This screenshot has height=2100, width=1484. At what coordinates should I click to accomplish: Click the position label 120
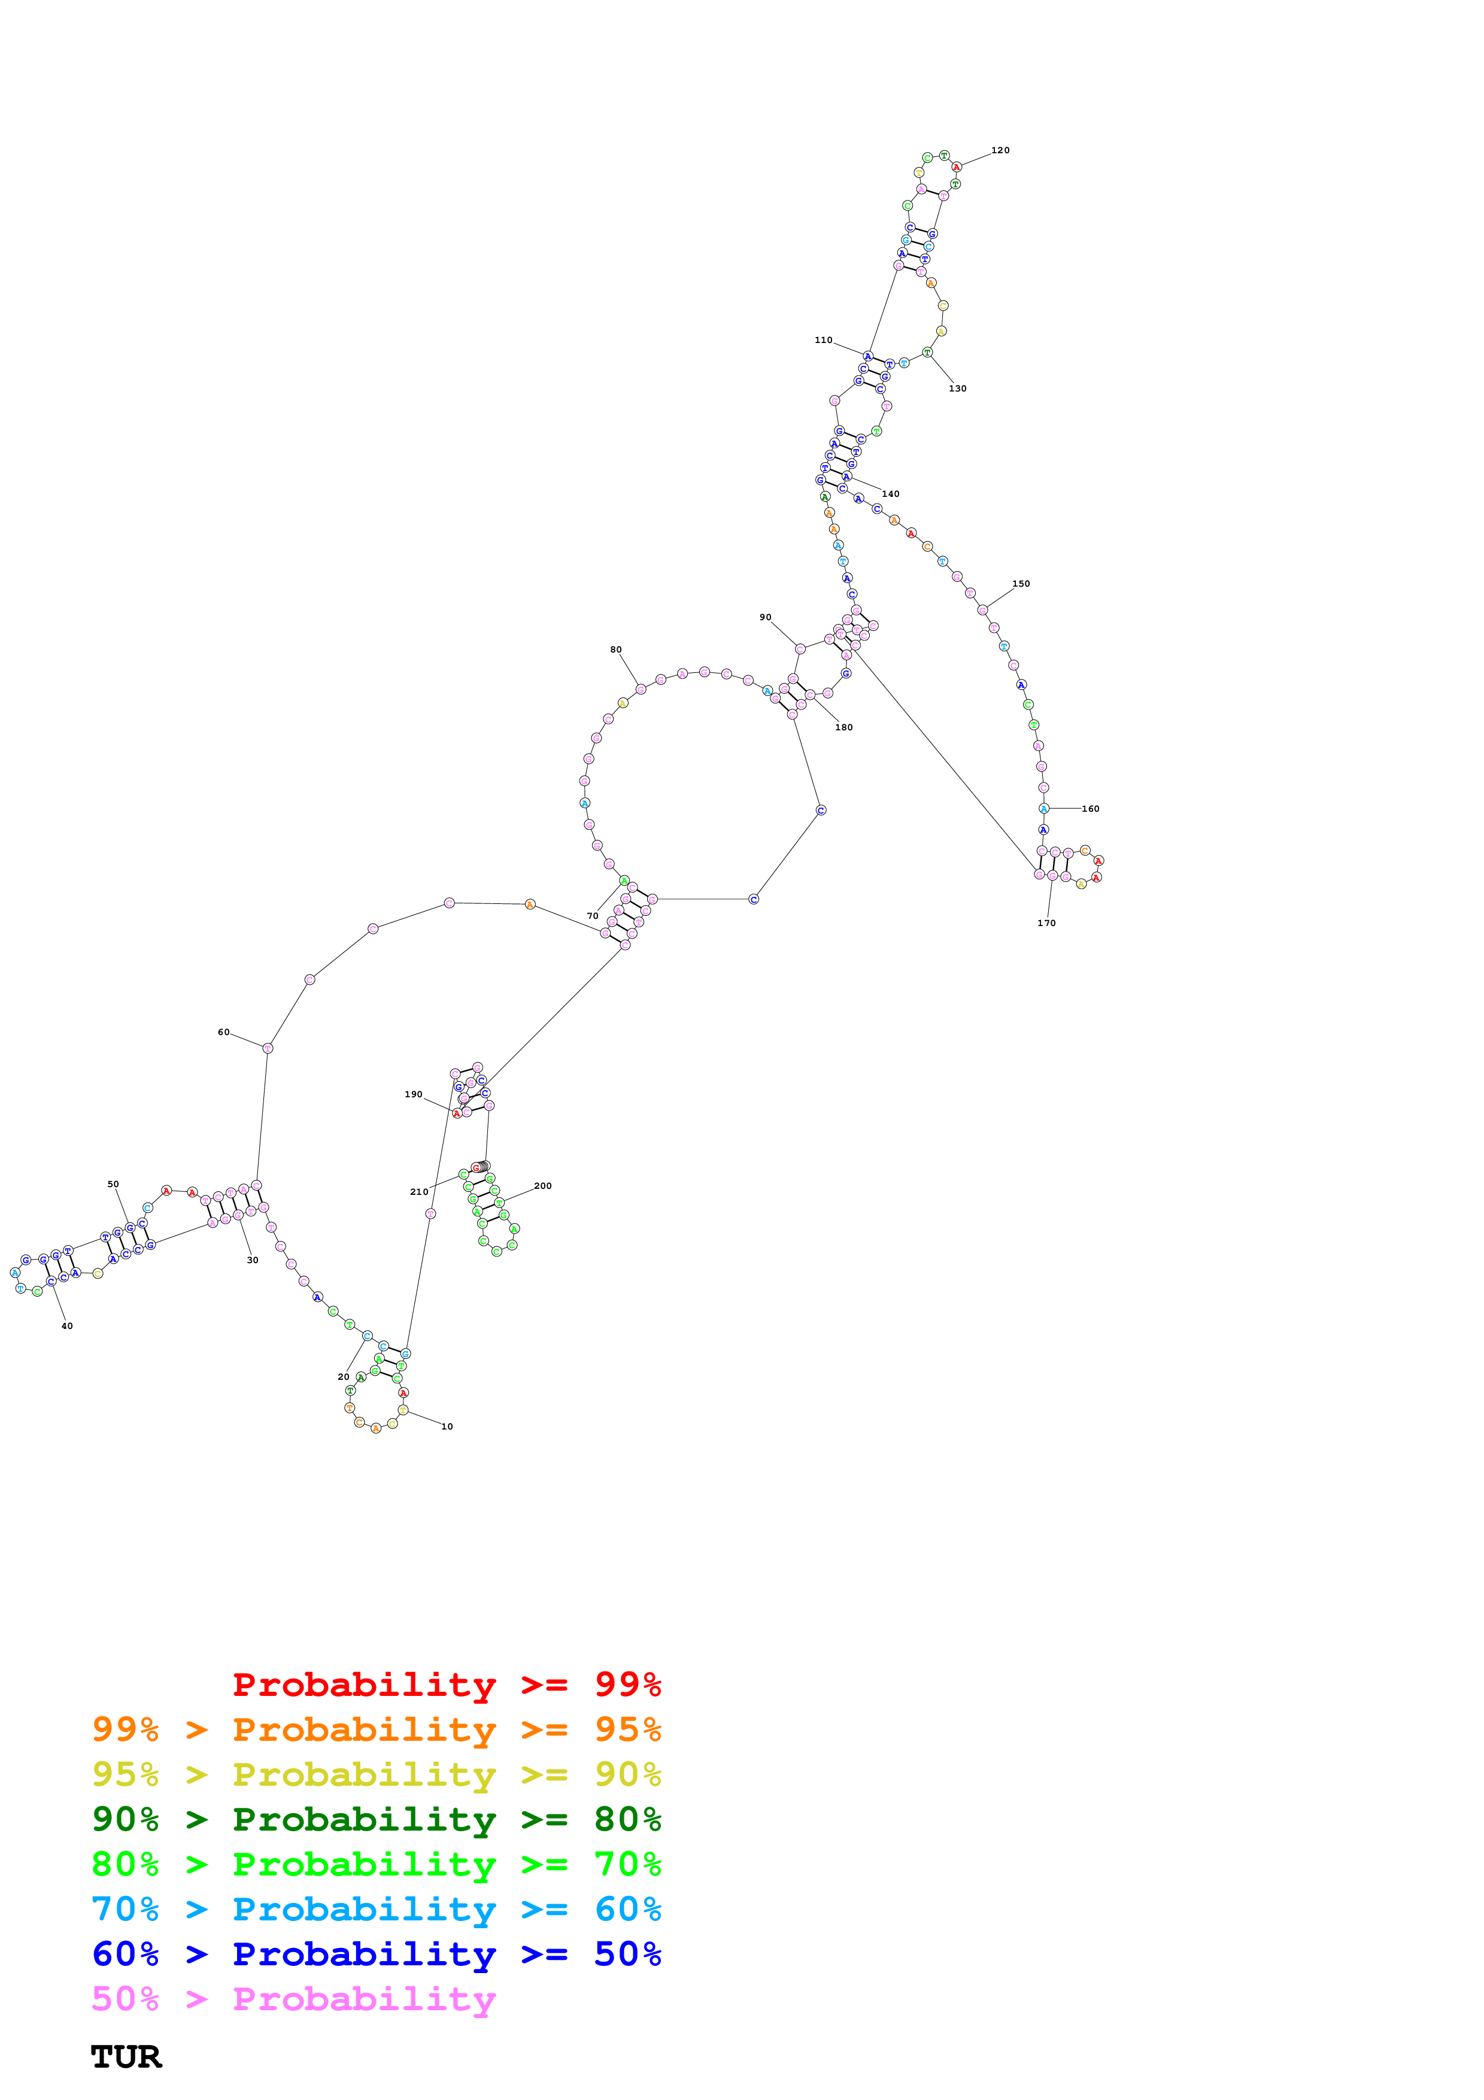click(1000, 150)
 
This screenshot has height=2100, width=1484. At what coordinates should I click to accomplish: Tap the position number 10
click(447, 1426)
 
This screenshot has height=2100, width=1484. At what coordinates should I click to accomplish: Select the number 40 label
click(67, 1325)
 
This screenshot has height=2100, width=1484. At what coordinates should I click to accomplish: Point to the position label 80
click(616, 650)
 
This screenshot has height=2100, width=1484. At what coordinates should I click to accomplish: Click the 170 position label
click(1046, 923)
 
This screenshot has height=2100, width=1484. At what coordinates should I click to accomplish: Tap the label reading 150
click(1021, 584)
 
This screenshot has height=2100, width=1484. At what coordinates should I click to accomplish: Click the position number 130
click(957, 389)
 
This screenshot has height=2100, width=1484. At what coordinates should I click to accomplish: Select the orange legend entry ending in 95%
click(376, 1729)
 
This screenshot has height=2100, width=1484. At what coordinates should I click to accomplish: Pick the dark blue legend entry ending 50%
click(376, 1954)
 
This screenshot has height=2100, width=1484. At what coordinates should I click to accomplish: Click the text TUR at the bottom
click(126, 2057)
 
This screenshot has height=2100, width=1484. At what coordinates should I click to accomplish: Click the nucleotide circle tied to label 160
click(1043, 809)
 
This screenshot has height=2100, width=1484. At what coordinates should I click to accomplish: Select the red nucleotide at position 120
click(957, 168)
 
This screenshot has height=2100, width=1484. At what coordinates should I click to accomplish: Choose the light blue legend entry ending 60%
click(376, 1909)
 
